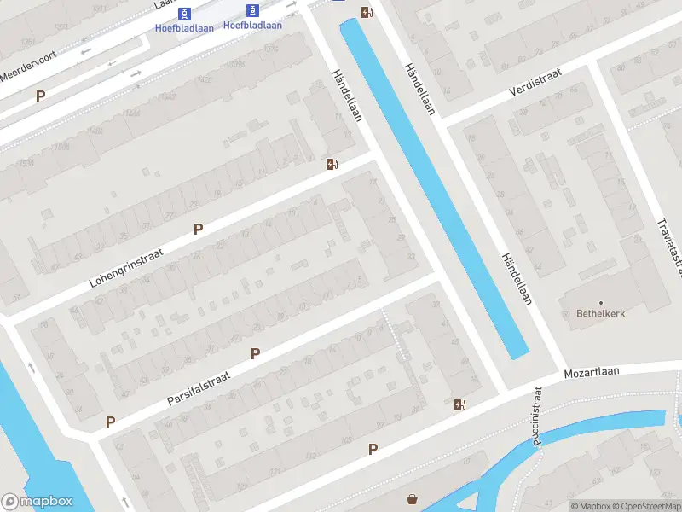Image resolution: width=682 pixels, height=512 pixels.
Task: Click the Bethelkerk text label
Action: [x=600, y=313]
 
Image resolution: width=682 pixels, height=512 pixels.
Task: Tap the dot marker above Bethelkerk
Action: [x=600, y=302]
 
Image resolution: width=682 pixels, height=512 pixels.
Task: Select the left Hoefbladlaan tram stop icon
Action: [x=184, y=13]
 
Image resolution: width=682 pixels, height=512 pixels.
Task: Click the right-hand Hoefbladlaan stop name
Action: [x=252, y=25]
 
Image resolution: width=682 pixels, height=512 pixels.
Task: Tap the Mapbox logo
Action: [x=37, y=502]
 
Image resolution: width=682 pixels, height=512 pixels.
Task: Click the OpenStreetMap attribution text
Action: [x=644, y=506]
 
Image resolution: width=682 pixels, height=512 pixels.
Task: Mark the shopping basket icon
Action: [x=413, y=499]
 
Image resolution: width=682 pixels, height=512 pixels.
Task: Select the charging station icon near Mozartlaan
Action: [x=460, y=404]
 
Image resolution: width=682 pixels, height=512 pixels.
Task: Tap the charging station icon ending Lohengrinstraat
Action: [x=331, y=164]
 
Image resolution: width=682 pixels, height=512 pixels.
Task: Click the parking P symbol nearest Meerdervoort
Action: [x=40, y=96]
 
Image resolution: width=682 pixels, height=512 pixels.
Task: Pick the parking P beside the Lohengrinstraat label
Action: [x=199, y=229]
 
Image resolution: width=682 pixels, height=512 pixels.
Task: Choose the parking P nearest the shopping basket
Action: [x=373, y=449]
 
